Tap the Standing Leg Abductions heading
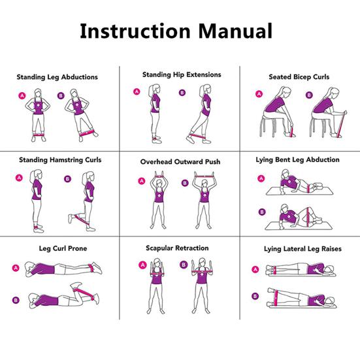[x=57, y=77]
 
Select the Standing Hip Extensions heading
[x=182, y=75]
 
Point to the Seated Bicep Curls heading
[x=299, y=77]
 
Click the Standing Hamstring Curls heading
[x=60, y=159]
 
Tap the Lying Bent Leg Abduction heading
[x=298, y=159]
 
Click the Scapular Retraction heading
[x=177, y=248]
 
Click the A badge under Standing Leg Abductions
[x=22, y=96]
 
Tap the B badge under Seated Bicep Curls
[x=309, y=95]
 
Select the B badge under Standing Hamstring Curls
[x=67, y=178]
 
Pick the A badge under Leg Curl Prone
[x=16, y=267]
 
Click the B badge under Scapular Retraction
[x=184, y=265]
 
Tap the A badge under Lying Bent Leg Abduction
[x=261, y=178]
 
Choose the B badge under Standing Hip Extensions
[x=182, y=93]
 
